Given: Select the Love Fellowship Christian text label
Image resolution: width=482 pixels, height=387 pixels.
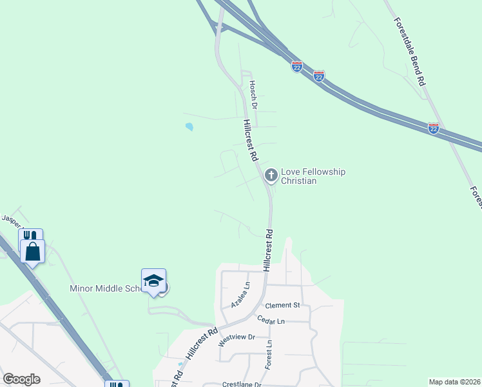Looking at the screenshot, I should coord(313,176).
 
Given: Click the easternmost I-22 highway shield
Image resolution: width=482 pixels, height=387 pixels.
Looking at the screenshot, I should coord(434,128).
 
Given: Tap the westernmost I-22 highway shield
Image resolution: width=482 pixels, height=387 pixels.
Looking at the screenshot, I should coord(296,66).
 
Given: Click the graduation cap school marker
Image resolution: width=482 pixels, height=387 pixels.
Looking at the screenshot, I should coord(154,280).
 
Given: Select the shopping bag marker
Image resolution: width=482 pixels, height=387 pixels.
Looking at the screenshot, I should coord(32,251).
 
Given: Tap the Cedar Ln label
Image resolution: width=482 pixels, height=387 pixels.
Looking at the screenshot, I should coord(271,321).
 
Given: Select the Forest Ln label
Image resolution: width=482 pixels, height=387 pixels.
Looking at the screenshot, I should coord(268,355).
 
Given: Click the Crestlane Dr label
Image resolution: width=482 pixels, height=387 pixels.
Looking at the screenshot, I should coord(241,384).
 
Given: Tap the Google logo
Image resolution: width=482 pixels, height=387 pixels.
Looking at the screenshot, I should coord(21,379).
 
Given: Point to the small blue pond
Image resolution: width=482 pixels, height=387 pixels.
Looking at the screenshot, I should coord(189,127).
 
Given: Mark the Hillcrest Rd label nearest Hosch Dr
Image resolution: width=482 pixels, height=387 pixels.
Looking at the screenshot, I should coord(251,140).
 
